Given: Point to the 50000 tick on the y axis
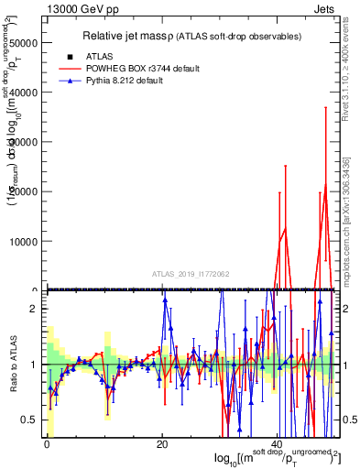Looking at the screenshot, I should click(23, 42).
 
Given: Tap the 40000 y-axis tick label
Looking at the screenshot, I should click(23, 93).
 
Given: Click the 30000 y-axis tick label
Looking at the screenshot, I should click(23, 142).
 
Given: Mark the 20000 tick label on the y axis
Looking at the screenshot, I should click(23, 191).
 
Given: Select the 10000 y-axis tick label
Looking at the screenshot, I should click(23, 241).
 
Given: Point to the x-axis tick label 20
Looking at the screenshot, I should click(162, 444).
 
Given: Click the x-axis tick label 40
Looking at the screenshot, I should click(278, 444).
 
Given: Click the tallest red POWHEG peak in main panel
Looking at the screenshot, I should click(325, 185).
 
